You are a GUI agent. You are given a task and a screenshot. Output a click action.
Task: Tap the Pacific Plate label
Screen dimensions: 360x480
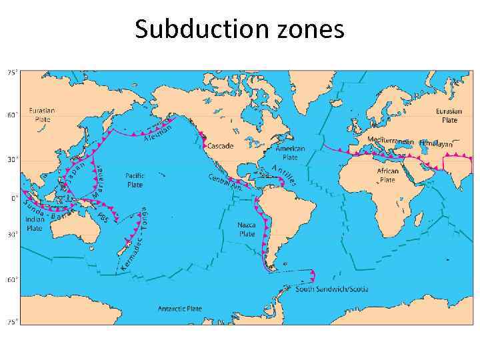tap(135, 180)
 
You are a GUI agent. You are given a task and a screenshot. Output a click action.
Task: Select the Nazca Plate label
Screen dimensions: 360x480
tap(247, 229)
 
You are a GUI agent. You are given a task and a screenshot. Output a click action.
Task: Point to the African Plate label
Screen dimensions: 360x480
tap(388, 175)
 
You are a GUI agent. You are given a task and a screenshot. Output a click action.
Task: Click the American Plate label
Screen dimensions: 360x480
tap(290, 154)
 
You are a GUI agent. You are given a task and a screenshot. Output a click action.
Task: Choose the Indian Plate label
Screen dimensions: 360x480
tap(35, 223)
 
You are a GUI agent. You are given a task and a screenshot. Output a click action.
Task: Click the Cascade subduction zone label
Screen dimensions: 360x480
tap(220, 145)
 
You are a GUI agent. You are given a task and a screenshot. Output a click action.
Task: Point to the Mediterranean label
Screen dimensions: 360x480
tap(391, 141)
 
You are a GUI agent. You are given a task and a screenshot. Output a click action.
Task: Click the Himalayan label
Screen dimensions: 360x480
tap(436, 143)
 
